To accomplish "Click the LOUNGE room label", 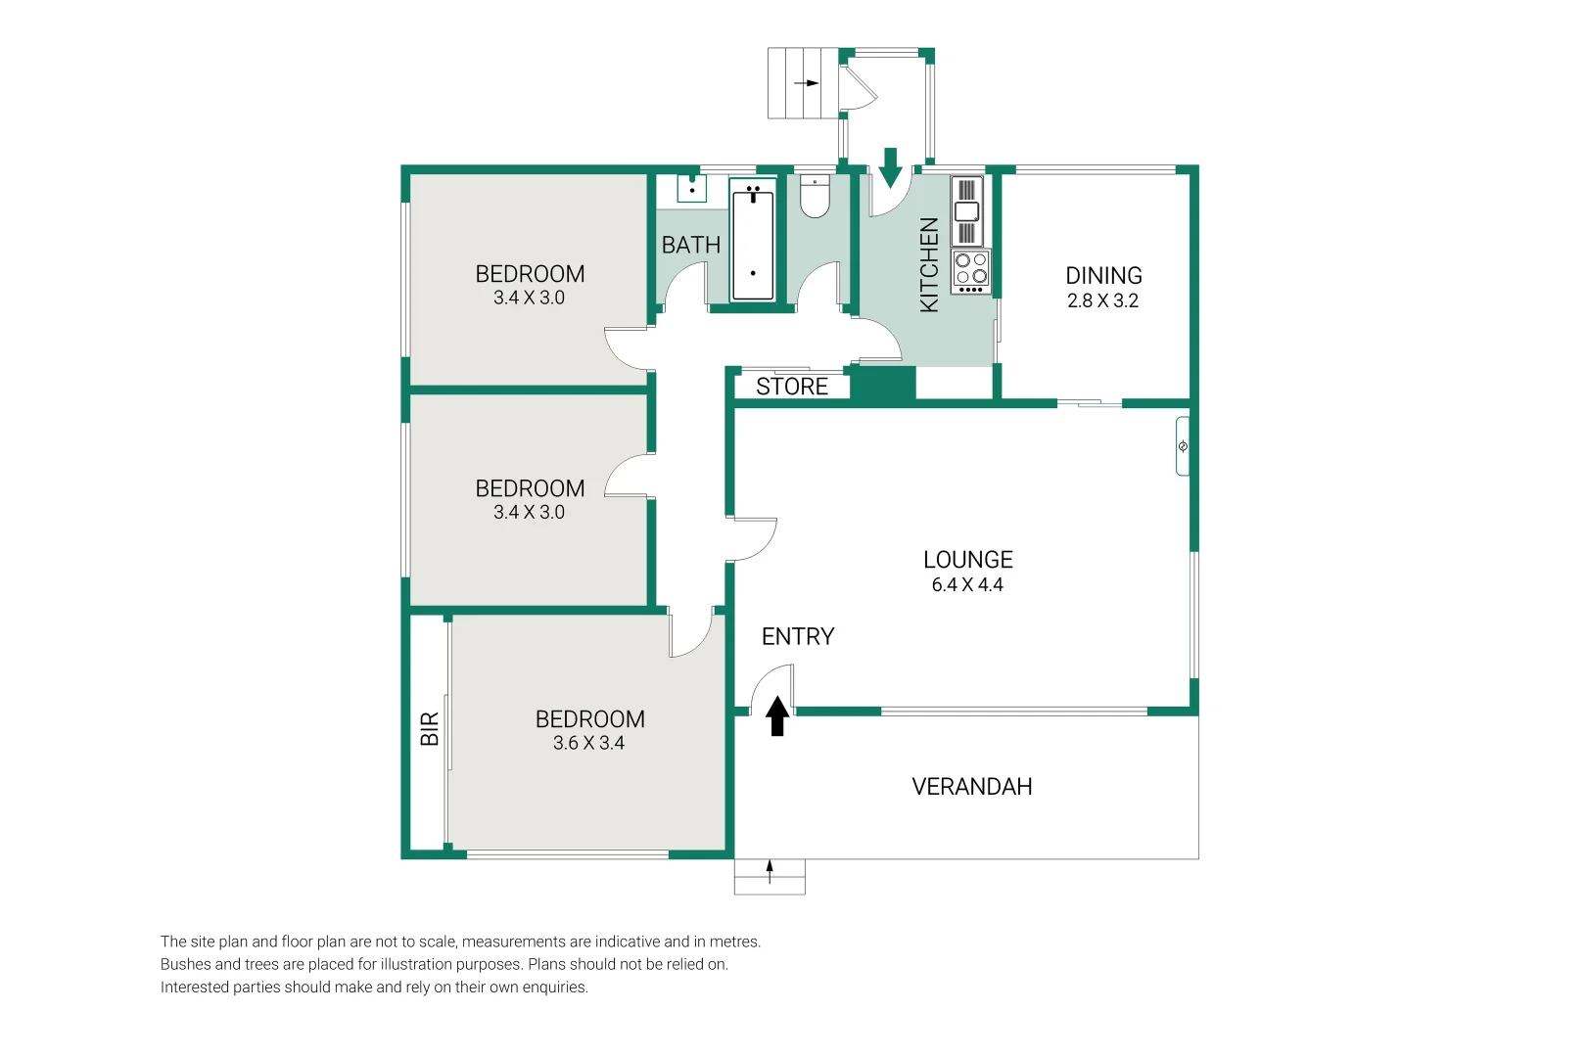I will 967,560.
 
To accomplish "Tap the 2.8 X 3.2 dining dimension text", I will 1102,301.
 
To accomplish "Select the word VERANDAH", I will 971,787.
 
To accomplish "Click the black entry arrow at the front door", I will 777,716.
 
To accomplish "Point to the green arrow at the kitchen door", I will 890,168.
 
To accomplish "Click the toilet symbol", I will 815,197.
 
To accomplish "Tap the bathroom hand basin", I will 692,188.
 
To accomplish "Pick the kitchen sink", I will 966,211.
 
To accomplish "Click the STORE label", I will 792,387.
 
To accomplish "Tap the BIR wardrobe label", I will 430,729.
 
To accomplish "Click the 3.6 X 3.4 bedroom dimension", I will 588,744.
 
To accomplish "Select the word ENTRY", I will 798,637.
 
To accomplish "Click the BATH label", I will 691,246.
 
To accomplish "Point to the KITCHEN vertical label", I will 929,265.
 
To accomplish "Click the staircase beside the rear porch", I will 803,83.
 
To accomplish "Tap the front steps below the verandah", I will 770,877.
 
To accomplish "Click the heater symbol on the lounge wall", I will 1183,446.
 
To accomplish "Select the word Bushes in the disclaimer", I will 187,964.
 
